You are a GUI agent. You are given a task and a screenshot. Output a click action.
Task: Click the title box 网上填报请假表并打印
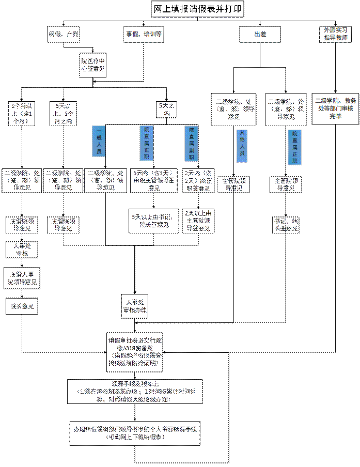coord(198,9)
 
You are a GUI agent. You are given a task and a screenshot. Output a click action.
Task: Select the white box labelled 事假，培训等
coord(144,35)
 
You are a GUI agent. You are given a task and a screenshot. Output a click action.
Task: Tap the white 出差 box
coord(260,35)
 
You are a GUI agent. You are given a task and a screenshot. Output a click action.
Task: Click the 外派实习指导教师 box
coord(335,34)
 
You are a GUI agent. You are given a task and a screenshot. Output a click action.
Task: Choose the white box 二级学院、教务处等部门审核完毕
coord(335,108)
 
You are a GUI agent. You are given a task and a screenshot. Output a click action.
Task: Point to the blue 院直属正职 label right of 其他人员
coord(294,147)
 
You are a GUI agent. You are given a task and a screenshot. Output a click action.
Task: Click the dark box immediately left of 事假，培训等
coord(64,35)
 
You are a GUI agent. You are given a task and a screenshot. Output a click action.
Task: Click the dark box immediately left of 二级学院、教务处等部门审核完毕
coord(285,108)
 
